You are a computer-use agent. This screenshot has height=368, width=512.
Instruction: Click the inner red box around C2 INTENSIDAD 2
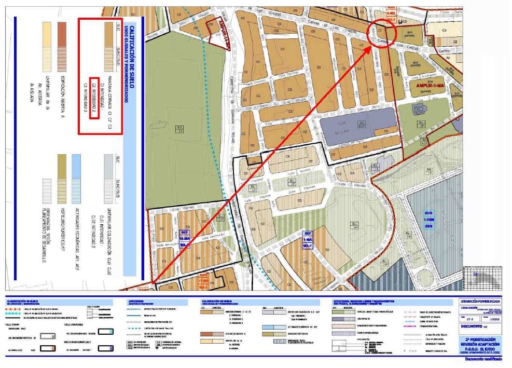click(x=94, y=97)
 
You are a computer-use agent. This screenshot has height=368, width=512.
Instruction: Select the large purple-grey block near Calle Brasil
click(x=358, y=125)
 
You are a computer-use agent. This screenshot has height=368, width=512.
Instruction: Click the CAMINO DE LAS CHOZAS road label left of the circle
click(x=332, y=26)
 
